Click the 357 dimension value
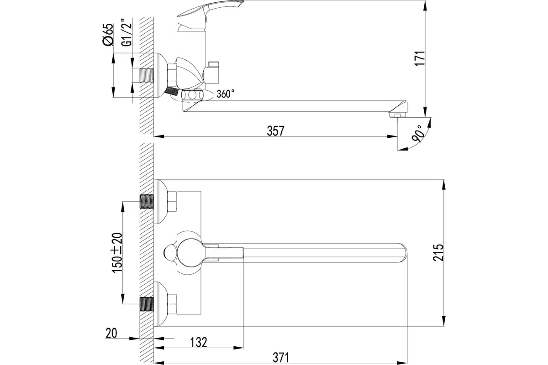[x=275, y=131]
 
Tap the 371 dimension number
[x=281, y=358]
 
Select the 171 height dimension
[x=421, y=59]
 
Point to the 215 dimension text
[x=439, y=252]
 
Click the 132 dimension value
[x=198, y=342]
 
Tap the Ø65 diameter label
[x=108, y=35]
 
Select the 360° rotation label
[x=226, y=94]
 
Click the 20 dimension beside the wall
[x=111, y=333]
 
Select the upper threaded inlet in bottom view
[x=146, y=202]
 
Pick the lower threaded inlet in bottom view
[x=146, y=304]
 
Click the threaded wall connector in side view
[x=145, y=76]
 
